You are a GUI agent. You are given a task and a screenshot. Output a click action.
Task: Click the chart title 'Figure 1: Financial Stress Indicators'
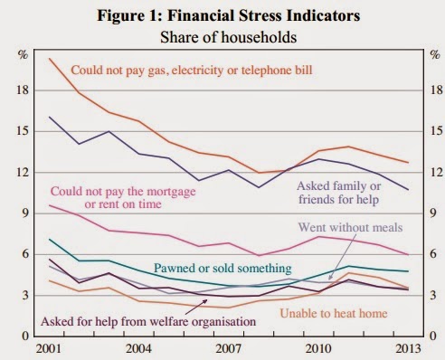(x=229, y=15)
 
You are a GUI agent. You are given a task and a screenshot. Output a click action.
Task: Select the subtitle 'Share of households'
(x=228, y=37)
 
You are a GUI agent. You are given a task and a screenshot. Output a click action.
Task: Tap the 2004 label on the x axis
(x=138, y=349)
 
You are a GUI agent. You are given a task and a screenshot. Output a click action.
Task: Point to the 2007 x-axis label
(x=228, y=349)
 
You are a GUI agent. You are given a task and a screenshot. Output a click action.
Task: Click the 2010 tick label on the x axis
(x=318, y=349)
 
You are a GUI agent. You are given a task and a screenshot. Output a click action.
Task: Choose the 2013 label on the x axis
(x=408, y=349)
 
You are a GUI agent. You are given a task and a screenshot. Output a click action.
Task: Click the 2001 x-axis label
(x=49, y=349)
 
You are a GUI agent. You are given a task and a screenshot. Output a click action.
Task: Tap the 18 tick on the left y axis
(x=22, y=90)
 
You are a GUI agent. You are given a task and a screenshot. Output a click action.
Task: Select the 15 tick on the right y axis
(x=436, y=131)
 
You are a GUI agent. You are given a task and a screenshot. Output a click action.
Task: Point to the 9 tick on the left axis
(x=25, y=213)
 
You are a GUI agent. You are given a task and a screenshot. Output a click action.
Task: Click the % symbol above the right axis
(x=435, y=55)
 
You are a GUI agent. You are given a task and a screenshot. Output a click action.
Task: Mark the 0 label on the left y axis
(x=25, y=336)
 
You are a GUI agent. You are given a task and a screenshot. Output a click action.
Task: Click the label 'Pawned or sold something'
(x=222, y=268)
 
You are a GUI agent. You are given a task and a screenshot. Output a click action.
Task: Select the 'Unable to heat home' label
(x=334, y=314)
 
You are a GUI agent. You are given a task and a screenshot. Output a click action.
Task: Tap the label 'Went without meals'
(x=350, y=227)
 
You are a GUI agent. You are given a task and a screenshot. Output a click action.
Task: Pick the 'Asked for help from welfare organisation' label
(x=148, y=322)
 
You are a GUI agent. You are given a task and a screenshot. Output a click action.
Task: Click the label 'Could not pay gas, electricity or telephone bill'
(x=192, y=71)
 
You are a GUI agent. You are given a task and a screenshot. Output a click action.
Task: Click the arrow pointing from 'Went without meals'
(x=341, y=257)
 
